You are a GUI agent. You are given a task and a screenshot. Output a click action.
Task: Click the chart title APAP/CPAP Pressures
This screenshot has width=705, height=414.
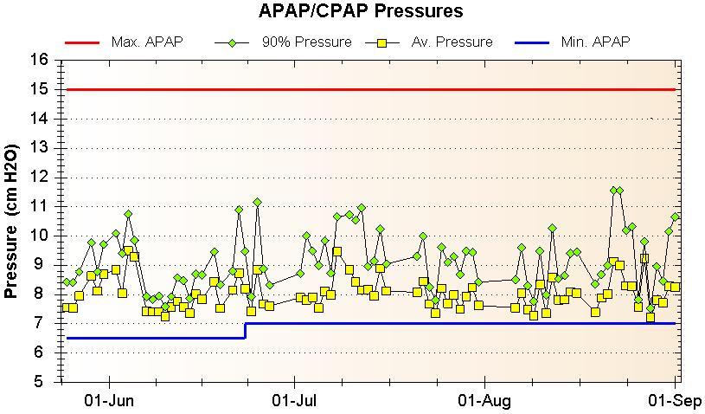361,11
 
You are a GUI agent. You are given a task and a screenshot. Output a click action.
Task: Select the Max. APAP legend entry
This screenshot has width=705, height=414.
147,42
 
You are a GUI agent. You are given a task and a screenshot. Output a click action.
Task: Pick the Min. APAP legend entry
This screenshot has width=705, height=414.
595,42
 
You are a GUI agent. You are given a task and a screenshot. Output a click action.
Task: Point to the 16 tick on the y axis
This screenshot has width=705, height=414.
38,60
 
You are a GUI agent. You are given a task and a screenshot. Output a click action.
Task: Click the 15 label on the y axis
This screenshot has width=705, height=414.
38,89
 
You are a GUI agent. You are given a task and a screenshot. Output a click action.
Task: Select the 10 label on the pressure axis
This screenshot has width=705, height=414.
38,236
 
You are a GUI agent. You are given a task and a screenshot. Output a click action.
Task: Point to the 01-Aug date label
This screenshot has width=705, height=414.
484,400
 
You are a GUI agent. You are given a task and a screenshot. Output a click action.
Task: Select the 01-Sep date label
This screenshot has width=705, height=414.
675,400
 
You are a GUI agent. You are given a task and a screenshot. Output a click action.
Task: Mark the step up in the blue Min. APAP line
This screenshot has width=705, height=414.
246,330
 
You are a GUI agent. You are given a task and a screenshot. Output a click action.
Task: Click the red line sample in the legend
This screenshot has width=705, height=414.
82,42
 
